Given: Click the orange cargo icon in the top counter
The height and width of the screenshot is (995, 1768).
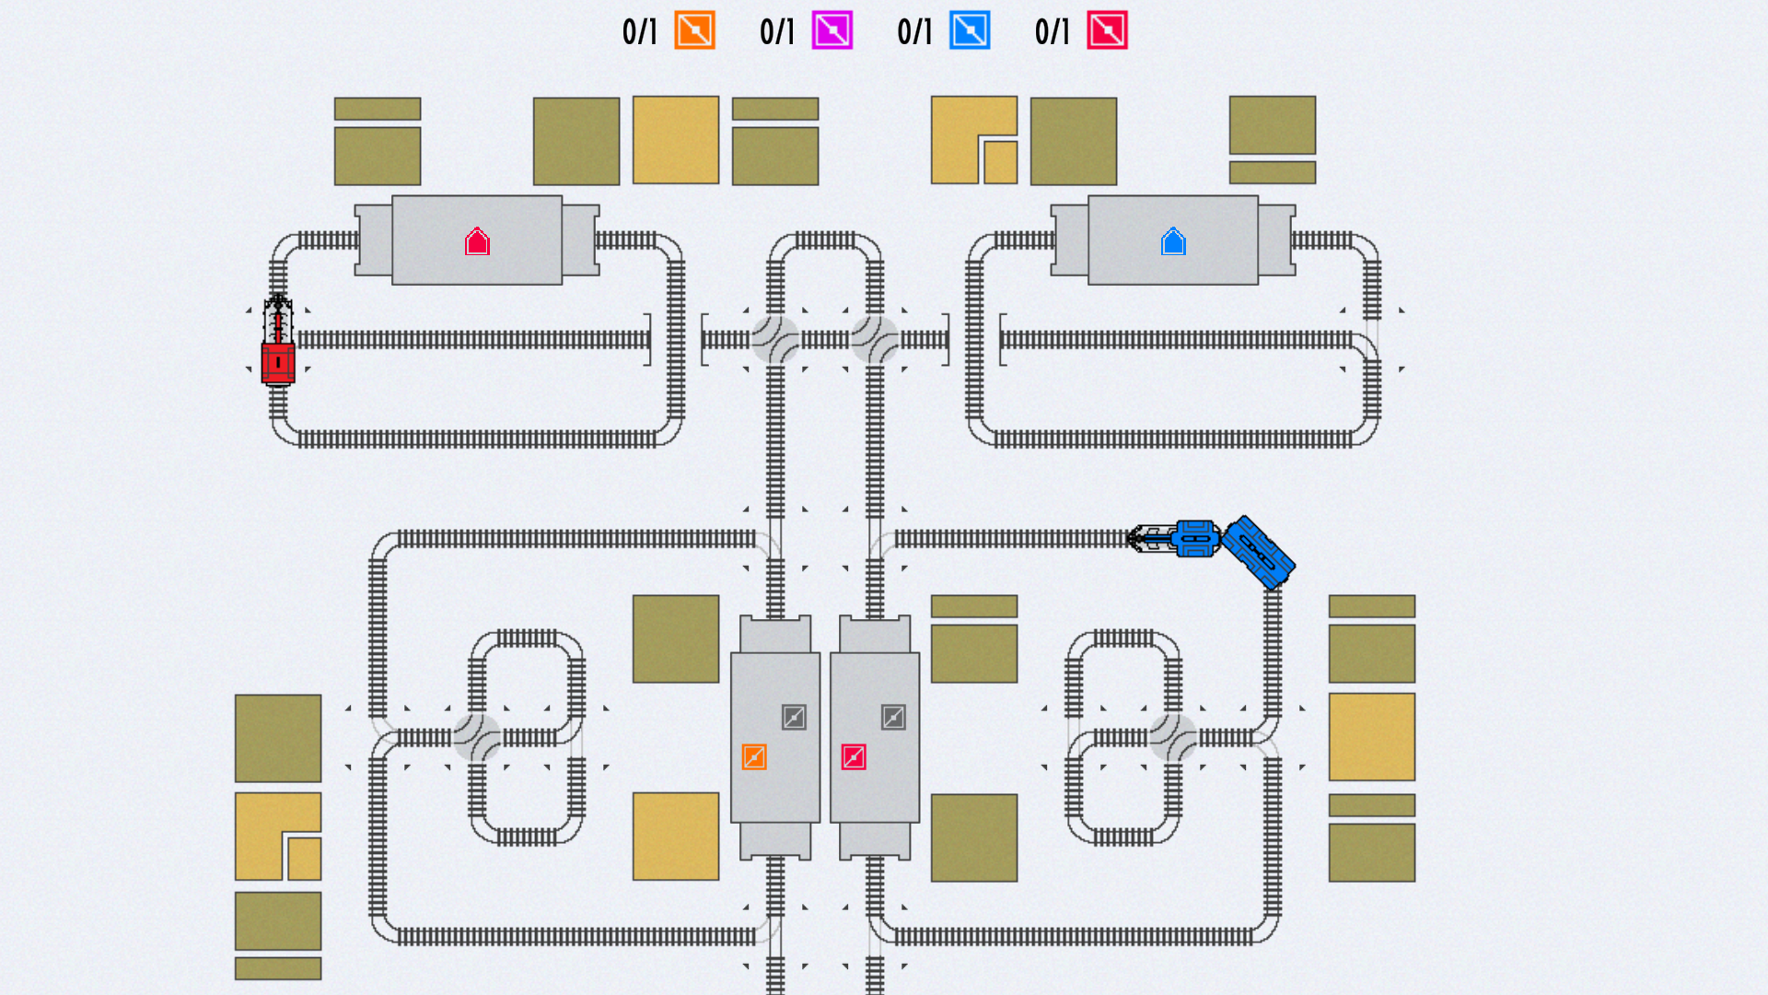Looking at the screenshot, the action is [x=694, y=30].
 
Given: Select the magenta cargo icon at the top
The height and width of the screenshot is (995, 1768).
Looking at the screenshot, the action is [x=832, y=30].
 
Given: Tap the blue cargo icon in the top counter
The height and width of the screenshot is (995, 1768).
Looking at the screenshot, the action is [x=970, y=30].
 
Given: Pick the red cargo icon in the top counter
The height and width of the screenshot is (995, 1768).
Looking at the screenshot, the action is [x=1107, y=30].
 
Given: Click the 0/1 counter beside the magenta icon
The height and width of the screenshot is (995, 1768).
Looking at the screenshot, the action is [x=777, y=31].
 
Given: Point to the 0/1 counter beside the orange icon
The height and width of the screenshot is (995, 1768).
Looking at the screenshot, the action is [x=640, y=31].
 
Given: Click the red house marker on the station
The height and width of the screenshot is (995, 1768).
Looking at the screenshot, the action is [x=477, y=241].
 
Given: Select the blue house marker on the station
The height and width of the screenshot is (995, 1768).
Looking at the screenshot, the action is [x=1173, y=241].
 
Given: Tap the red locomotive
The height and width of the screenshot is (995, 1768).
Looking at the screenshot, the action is [x=278, y=339].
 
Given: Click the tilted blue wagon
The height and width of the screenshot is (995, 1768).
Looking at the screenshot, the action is [x=1259, y=552].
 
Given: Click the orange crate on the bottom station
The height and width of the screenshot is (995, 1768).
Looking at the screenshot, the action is [x=754, y=757].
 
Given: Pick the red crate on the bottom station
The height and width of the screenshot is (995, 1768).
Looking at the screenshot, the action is [x=854, y=757].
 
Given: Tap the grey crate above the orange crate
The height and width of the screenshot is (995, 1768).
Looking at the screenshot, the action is [x=794, y=717].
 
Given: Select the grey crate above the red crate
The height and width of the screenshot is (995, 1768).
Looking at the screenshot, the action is [x=893, y=717].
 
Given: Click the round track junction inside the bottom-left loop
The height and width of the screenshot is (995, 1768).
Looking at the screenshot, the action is [x=477, y=737].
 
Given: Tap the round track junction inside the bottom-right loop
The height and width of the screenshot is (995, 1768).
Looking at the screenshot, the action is [x=1173, y=737].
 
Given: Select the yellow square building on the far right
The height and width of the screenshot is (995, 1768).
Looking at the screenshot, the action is [x=1372, y=737].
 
